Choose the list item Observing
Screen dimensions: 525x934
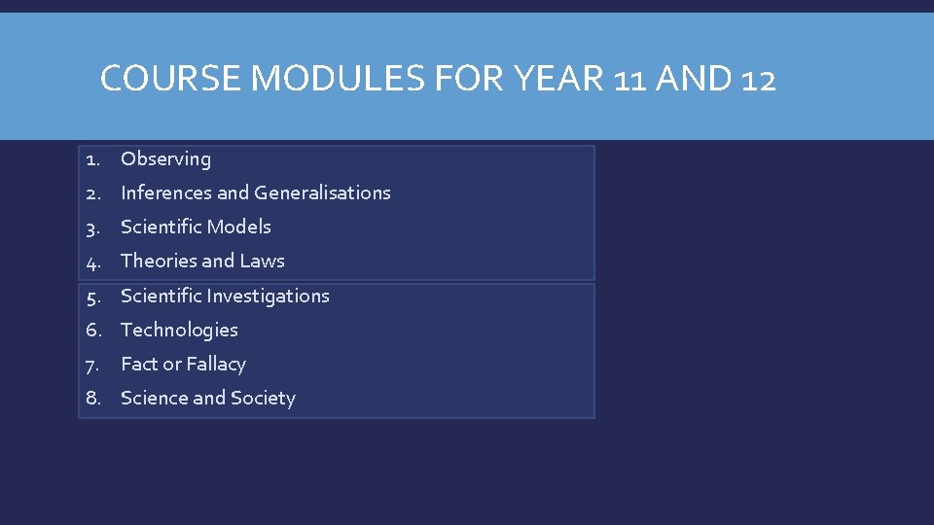(165, 158)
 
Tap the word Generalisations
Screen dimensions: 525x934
(322, 192)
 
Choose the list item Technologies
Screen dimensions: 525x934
(179, 330)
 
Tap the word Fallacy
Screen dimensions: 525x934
(216, 364)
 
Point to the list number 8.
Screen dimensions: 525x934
(92, 398)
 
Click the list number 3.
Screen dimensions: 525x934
(92, 227)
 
